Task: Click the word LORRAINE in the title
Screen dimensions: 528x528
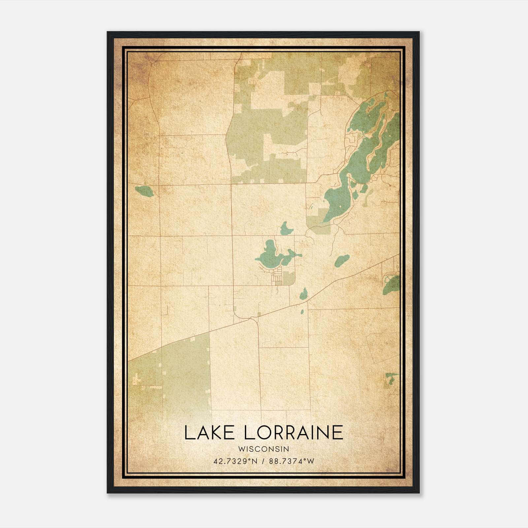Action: [293, 433]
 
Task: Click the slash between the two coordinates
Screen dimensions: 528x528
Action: [263, 461]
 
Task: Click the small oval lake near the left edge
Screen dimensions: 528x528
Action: [144, 191]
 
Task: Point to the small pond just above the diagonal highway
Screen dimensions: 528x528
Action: [304, 293]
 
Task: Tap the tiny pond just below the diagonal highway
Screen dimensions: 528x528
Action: [302, 312]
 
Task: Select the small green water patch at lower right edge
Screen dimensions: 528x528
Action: [391, 378]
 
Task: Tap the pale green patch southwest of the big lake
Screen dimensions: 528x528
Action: [318, 221]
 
